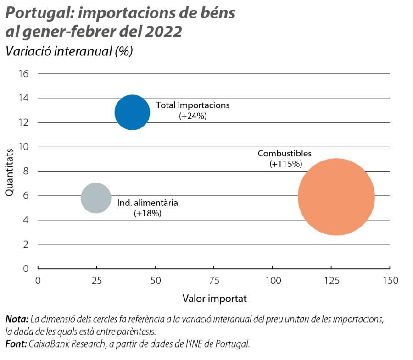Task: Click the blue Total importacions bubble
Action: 132,112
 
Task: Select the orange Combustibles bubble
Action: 336,197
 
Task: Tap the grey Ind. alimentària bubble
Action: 96,198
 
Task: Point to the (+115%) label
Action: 284,164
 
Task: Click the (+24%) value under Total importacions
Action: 193,116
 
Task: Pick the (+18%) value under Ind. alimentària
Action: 147,213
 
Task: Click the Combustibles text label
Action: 285,154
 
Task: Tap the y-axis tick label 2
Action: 26,244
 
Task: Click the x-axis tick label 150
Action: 390,280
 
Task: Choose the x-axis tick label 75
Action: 214,280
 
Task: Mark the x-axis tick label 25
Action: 96,280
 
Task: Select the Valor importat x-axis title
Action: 214,299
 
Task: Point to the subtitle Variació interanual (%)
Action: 69,51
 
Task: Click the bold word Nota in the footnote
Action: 17,319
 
